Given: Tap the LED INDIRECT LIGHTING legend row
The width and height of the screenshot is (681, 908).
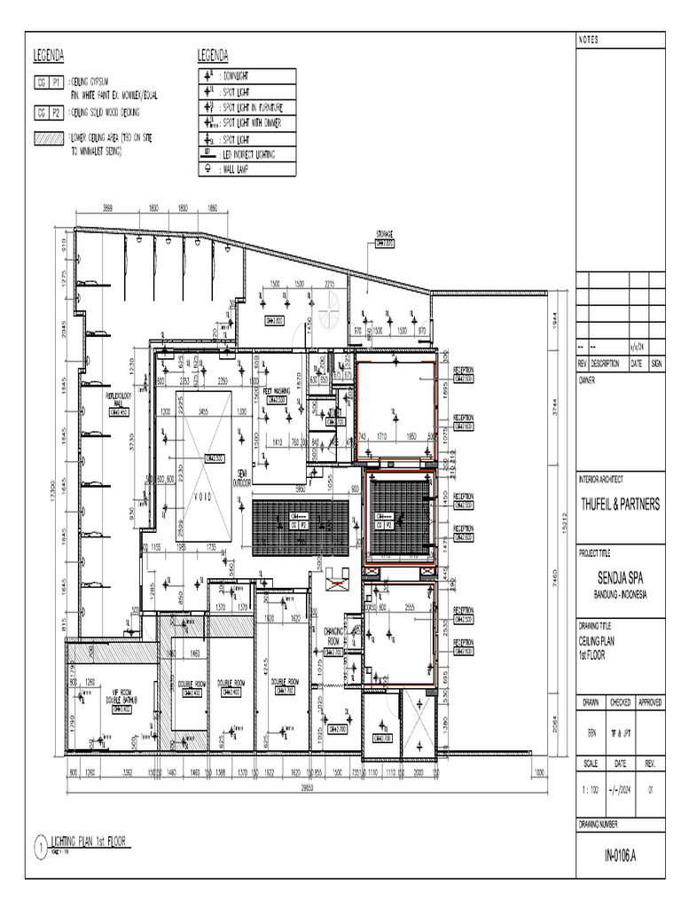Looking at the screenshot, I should pos(246,154).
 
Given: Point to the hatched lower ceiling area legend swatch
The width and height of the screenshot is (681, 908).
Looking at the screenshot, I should pos(48,139).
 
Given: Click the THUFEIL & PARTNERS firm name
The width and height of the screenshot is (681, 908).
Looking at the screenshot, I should pos(620,504).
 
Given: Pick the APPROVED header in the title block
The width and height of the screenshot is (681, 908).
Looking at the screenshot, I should pos(650,702).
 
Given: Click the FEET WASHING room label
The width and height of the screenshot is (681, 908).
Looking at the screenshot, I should pos(277,391).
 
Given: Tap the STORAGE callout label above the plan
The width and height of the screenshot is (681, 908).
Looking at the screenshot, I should pos(384,236).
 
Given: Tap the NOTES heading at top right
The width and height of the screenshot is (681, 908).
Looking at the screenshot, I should pos(590,40).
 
